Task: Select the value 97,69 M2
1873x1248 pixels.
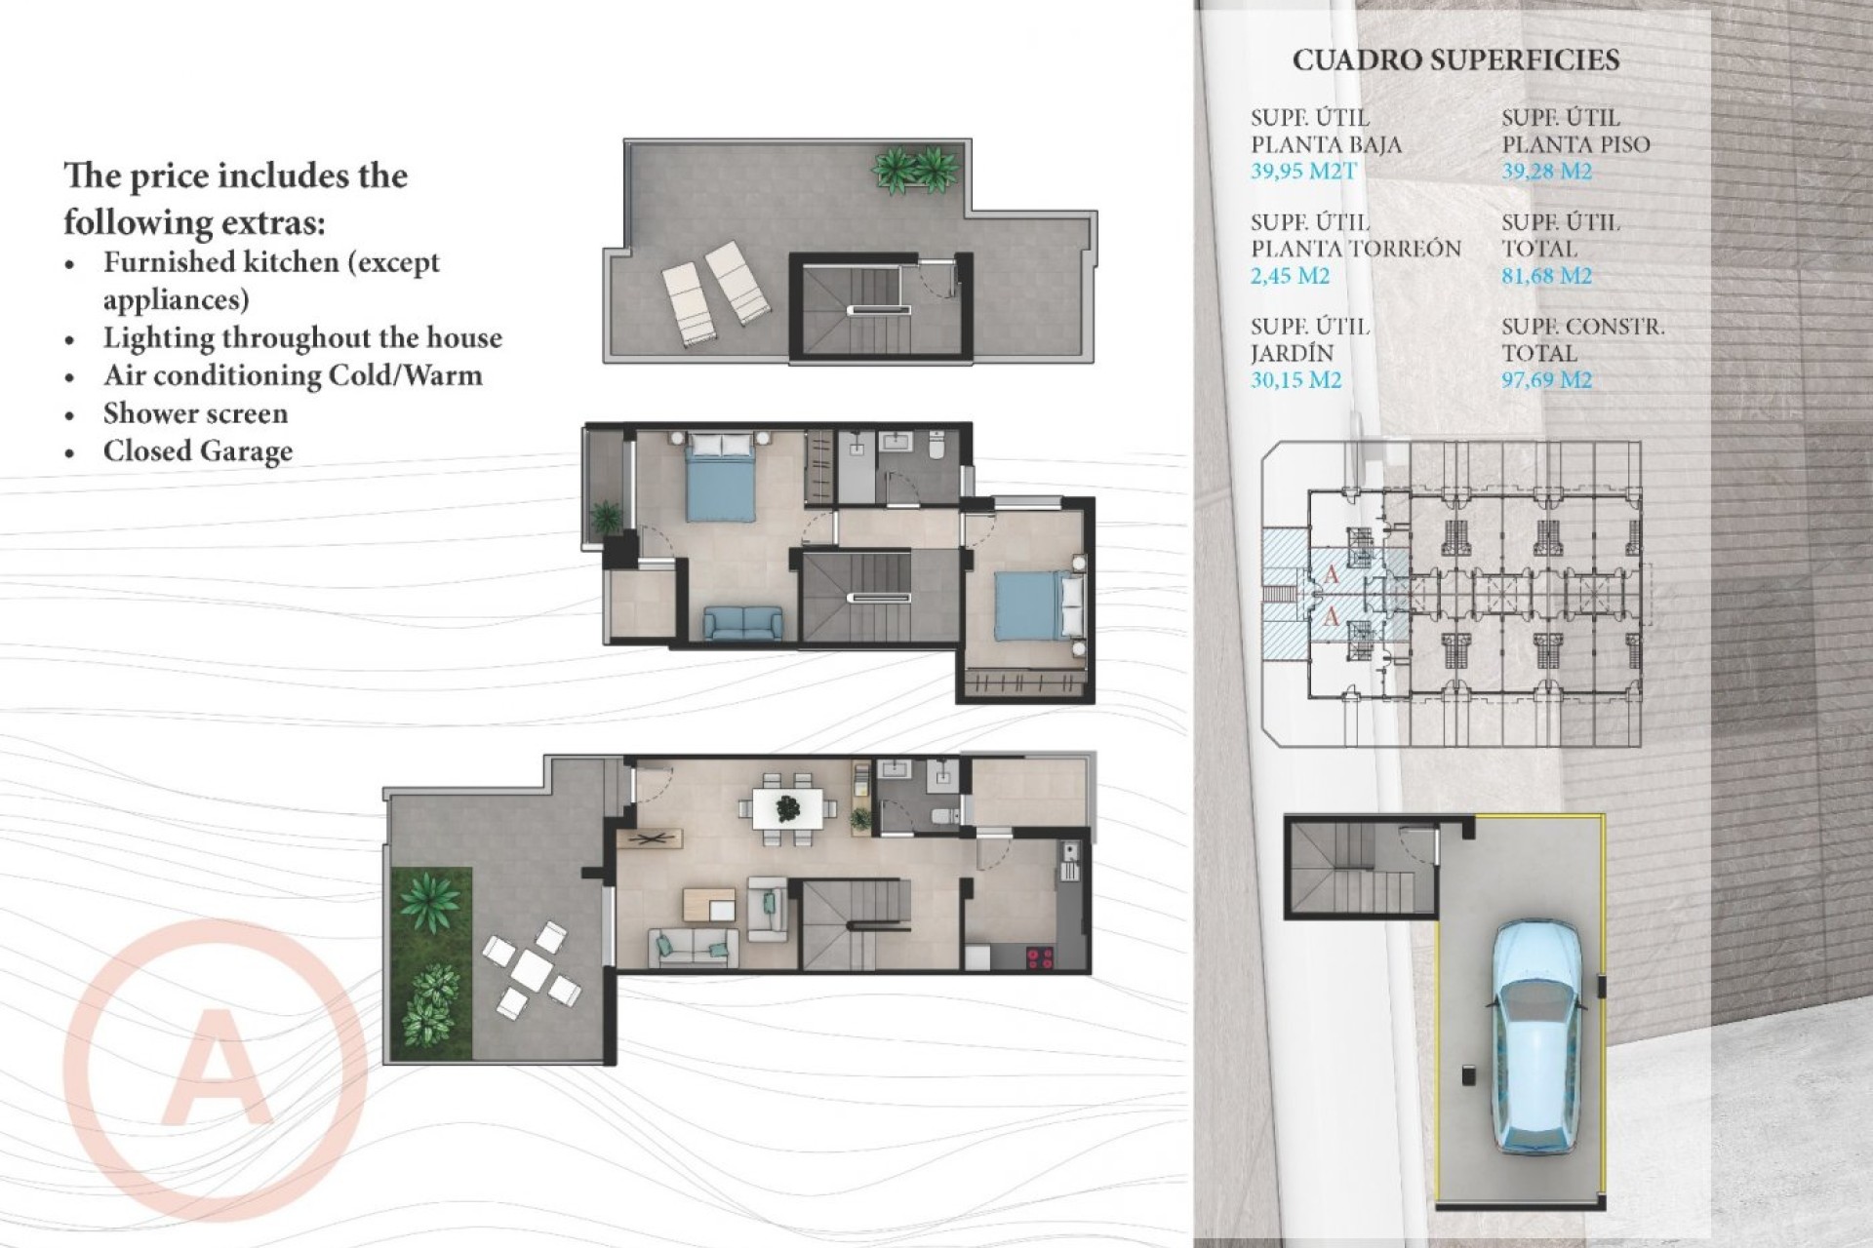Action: (1546, 380)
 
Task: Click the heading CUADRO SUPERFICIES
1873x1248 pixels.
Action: (1455, 60)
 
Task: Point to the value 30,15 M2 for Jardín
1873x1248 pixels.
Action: (1295, 380)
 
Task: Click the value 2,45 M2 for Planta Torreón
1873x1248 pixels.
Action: (1290, 276)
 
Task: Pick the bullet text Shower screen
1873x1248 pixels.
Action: (195, 413)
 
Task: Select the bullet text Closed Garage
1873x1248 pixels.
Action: (198, 451)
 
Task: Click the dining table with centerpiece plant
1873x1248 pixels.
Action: (787, 808)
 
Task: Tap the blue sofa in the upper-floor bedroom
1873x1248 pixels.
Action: (742, 622)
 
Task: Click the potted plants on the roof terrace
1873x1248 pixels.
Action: (915, 169)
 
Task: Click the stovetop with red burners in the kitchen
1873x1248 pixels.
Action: (1040, 957)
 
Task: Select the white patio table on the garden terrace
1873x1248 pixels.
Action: (533, 968)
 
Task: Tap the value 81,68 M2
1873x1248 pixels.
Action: (1546, 276)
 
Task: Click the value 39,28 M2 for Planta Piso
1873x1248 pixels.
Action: (1546, 172)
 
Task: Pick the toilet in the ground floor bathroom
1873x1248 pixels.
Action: (943, 815)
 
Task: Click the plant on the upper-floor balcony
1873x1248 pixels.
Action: (606, 515)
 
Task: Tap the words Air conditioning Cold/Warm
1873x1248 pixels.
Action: (293, 375)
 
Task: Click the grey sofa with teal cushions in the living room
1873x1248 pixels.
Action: (694, 946)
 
